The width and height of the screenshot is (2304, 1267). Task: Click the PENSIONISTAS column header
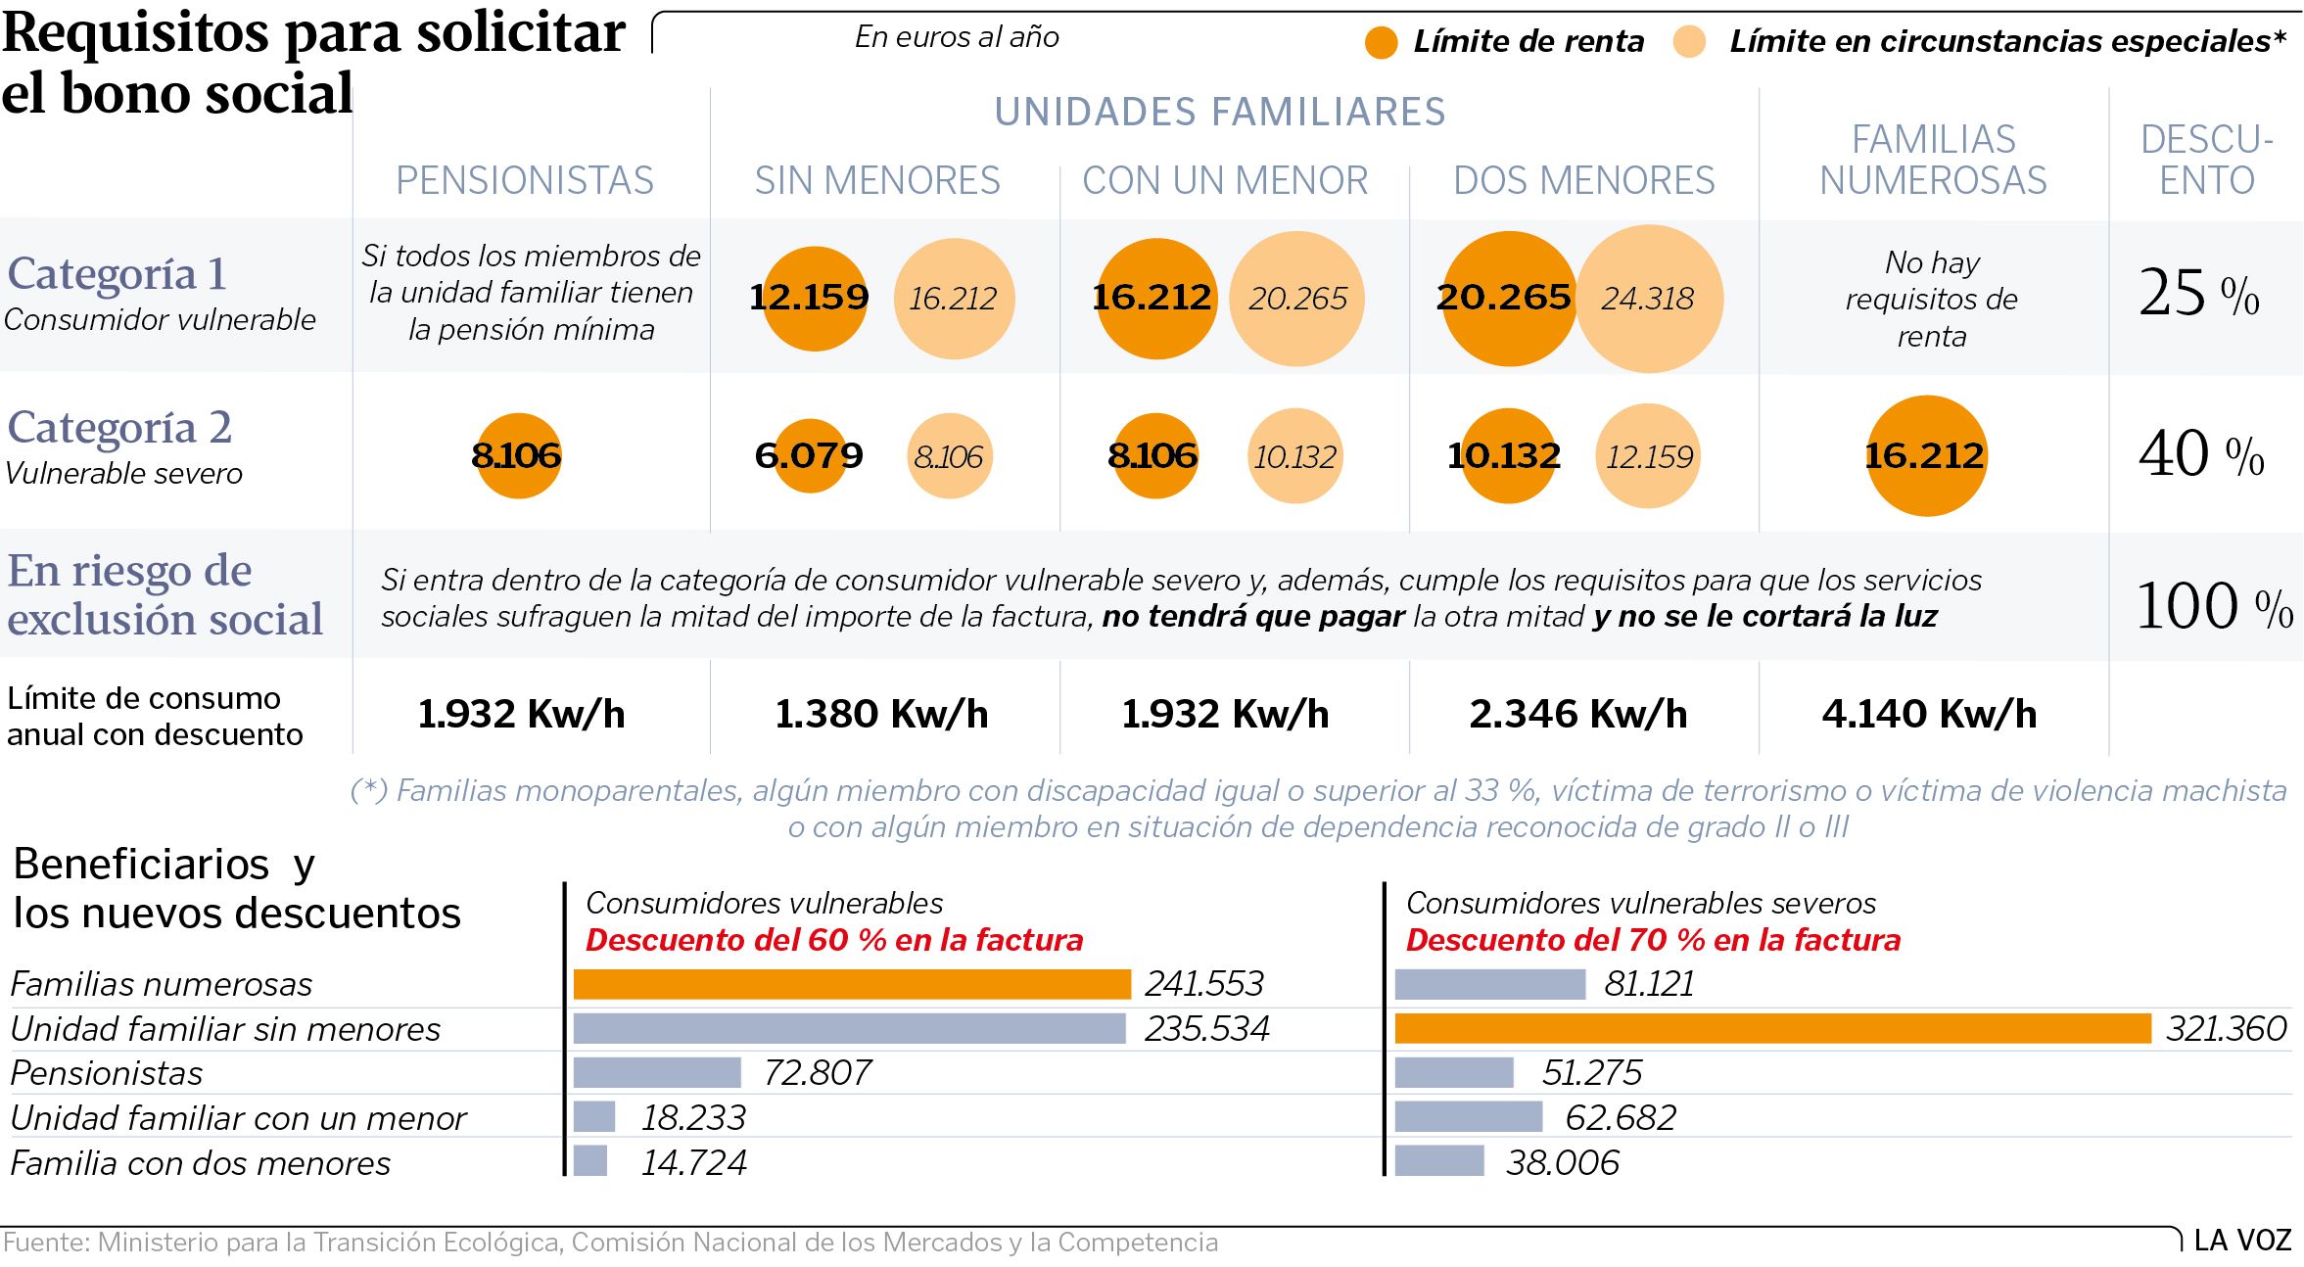pos(525,181)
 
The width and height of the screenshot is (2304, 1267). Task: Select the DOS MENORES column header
pos(1584,181)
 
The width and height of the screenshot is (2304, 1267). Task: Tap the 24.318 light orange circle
pos(1649,299)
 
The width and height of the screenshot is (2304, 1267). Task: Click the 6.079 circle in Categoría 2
pos(810,455)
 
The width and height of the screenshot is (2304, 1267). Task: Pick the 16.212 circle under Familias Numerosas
pos(1926,455)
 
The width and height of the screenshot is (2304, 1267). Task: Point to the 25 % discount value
pos(2199,293)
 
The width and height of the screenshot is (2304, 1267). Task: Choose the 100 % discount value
pos(2214,606)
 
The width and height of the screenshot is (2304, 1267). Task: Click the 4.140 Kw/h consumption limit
pos(1929,715)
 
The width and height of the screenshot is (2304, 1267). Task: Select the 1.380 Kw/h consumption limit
pos(881,715)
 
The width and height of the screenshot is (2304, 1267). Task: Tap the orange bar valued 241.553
pos(851,984)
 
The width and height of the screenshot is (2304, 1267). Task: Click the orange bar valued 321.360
pos(1771,1028)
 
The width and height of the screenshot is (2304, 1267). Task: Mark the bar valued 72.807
pos(657,1073)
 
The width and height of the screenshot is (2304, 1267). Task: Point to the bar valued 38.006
pos(1438,1161)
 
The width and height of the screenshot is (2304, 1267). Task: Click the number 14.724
pos(693,1163)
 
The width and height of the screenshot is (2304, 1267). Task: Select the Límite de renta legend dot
pos(1381,42)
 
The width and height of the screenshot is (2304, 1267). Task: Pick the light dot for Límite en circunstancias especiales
pos(1689,42)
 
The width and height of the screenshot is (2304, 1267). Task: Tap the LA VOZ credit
pos(2242,1241)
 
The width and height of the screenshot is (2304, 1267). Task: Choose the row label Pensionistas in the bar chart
pos(107,1074)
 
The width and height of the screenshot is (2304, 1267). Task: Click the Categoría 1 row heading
pos(118,274)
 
